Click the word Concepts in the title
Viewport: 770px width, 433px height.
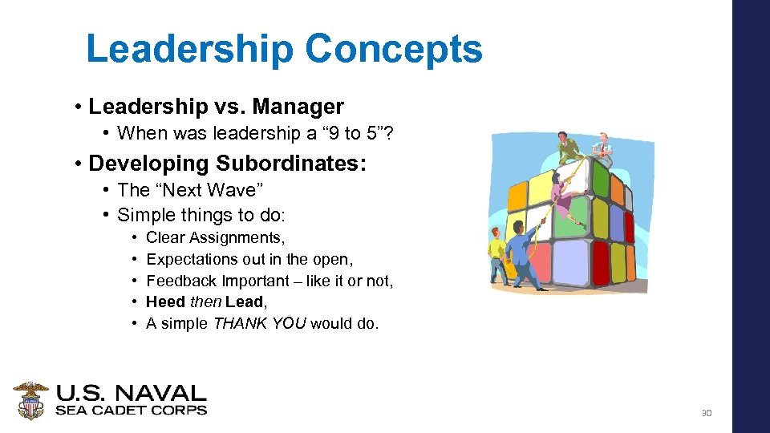(x=393, y=49)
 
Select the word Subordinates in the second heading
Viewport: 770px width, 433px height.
(x=291, y=164)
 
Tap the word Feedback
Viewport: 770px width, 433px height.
(x=182, y=281)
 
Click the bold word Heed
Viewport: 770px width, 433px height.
(x=166, y=302)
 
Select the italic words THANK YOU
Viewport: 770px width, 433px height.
(x=259, y=324)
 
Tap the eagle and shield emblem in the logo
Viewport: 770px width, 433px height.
(x=30, y=401)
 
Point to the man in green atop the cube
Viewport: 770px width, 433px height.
(x=569, y=148)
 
